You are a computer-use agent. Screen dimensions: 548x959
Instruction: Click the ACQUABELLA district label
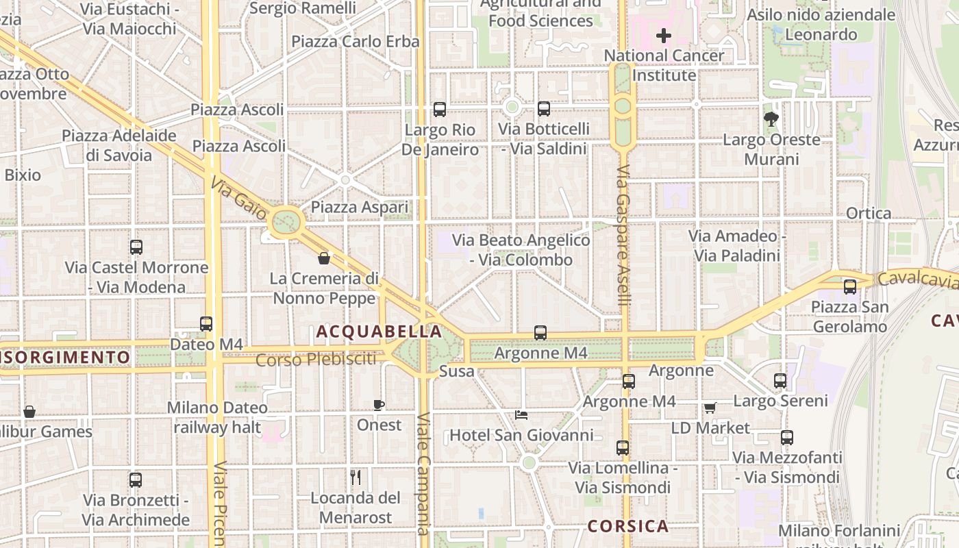tap(379, 332)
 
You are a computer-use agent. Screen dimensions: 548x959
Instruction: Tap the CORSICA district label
tap(628, 526)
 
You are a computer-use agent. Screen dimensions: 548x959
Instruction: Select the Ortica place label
tap(869, 213)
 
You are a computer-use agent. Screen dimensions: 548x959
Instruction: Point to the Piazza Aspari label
tap(359, 207)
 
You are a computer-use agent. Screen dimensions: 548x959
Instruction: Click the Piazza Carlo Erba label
tap(355, 41)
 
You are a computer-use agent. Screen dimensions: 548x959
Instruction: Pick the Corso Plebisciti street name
tap(316, 359)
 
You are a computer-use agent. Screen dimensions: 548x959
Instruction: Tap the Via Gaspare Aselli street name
tap(623, 236)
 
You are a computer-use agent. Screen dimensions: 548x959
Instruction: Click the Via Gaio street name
tap(239, 199)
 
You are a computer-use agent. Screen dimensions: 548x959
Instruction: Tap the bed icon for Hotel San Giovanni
tap(521, 415)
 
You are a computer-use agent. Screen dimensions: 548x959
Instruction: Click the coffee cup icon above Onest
tap(379, 405)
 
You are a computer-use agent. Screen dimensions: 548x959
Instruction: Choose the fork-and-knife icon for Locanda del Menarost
tap(356, 477)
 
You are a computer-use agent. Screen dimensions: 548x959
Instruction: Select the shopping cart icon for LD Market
tap(710, 408)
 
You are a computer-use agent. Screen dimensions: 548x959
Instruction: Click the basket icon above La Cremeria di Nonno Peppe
tap(324, 258)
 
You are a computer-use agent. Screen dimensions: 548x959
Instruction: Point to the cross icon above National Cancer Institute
tap(663, 35)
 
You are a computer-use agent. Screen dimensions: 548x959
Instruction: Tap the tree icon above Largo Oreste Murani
tap(771, 119)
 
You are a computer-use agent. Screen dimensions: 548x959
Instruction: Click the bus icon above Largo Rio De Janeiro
tap(440, 110)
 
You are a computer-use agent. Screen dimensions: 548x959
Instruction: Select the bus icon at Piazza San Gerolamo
tap(850, 287)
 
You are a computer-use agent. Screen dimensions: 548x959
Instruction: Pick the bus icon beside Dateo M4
tap(206, 324)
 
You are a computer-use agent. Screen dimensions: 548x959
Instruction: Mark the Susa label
tap(456, 371)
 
